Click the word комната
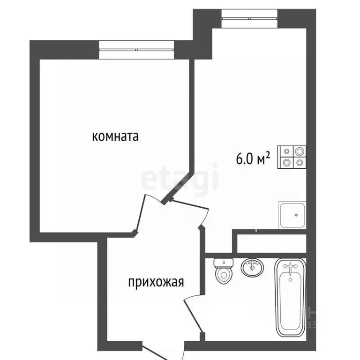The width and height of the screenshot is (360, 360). (115, 137)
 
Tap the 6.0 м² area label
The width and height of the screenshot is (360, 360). (253, 159)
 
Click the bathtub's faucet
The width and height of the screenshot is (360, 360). (291, 269)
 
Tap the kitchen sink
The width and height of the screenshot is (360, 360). (292, 216)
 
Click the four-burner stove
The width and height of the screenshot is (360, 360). (292, 157)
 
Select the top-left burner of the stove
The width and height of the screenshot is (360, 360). (286, 151)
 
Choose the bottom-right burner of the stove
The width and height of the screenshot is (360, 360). (299, 163)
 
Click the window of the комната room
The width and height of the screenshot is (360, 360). (137, 49)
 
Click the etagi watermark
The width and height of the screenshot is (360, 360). (180, 179)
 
